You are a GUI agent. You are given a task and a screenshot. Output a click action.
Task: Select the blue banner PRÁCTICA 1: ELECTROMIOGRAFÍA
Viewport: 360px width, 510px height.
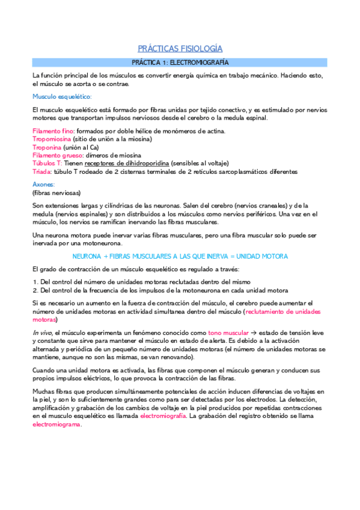pos(180,63)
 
